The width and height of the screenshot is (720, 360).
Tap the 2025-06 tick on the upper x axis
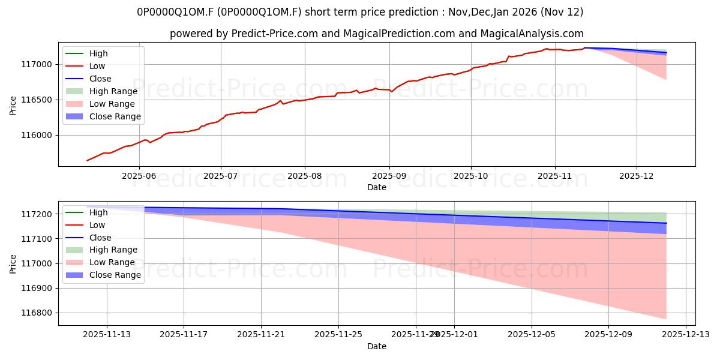point(139,176)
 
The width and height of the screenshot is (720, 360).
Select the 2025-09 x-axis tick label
point(389,176)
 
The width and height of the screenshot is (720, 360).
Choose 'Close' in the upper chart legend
point(100,79)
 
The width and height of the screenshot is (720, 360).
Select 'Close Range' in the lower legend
point(115,275)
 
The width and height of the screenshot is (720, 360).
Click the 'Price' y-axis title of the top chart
point(13,105)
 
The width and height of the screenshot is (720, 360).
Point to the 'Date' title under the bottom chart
point(377,346)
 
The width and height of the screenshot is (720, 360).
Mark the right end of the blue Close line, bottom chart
point(666,223)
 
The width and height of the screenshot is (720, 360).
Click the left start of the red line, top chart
point(87,160)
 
